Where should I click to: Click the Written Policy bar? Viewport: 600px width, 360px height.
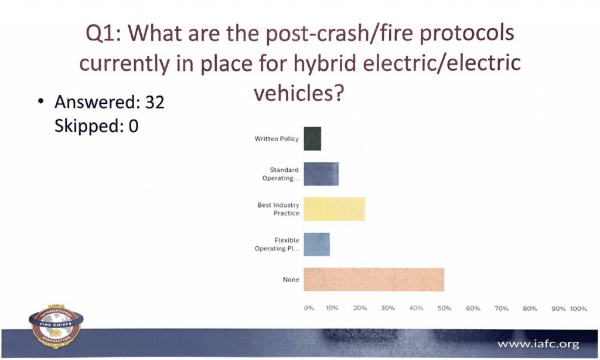coord(313,138)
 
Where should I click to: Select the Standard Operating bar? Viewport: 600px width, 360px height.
coord(322,174)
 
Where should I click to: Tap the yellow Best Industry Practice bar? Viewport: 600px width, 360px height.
coord(335,209)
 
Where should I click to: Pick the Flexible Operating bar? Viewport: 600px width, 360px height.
coord(317,244)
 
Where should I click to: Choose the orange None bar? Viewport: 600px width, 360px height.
coord(374,280)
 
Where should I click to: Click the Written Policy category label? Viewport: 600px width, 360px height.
coord(277,138)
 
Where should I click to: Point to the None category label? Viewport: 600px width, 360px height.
coord(291,280)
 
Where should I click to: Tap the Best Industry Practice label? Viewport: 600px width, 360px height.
coord(278,209)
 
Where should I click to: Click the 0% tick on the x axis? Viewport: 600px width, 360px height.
coord(309,308)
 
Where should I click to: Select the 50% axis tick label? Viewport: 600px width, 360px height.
coord(445,308)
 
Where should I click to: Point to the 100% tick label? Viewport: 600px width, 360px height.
coord(578,308)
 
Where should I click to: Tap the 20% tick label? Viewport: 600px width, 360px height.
coord(360,308)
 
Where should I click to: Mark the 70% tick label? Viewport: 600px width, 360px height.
coord(502,308)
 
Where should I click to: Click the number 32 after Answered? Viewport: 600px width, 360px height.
coord(155,102)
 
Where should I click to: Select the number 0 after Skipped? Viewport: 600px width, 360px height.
coord(134,126)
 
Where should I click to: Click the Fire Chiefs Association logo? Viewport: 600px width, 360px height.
coord(56,326)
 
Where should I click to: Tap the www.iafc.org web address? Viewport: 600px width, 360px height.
coord(538,344)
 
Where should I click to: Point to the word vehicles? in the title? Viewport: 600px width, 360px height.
coord(299,93)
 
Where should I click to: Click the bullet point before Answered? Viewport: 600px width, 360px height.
coord(40,101)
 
